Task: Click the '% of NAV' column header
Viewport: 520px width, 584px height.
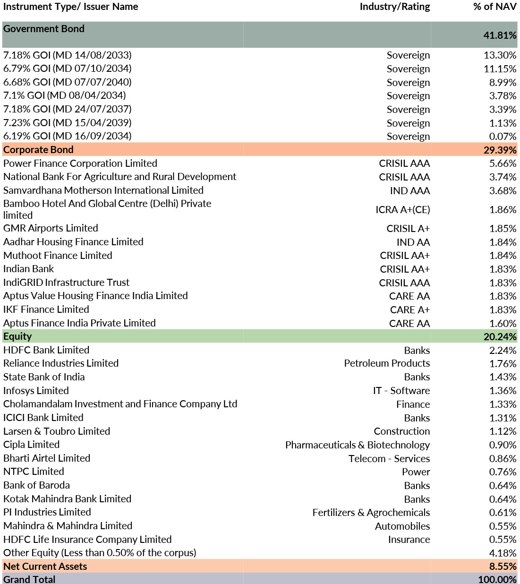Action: tap(494, 7)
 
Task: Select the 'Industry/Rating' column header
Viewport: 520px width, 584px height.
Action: tap(394, 7)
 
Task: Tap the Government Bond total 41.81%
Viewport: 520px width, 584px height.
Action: tap(500, 35)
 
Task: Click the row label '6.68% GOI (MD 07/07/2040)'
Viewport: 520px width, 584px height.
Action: tap(68, 82)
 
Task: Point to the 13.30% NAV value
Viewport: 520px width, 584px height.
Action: tap(500, 55)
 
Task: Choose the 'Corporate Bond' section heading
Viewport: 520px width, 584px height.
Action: tap(38, 150)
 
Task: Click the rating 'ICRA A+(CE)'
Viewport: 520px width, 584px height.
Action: tap(402, 209)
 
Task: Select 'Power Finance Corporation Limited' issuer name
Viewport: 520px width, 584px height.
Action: tap(80, 163)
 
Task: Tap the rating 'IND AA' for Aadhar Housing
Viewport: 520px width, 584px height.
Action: tap(413, 242)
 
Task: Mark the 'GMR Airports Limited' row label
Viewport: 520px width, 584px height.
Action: tap(51, 228)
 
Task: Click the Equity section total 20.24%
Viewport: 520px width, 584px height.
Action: tap(500, 337)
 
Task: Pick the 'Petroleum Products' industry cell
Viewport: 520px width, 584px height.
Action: tap(386, 363)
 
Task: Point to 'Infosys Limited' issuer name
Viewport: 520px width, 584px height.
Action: tap(36, 391)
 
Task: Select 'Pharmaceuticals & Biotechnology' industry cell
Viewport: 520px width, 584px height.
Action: tap(357, 445)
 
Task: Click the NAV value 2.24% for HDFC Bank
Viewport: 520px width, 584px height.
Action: tap(503, 351)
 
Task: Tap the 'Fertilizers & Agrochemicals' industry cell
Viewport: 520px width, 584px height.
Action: tap(371, 513)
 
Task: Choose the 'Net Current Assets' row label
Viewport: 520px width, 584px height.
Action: tap(45, 567)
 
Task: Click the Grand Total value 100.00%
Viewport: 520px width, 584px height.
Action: tap(497, 580)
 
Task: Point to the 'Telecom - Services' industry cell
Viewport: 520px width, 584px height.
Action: tap(389, 459)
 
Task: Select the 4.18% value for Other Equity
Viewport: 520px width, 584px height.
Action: tap(503, 553)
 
